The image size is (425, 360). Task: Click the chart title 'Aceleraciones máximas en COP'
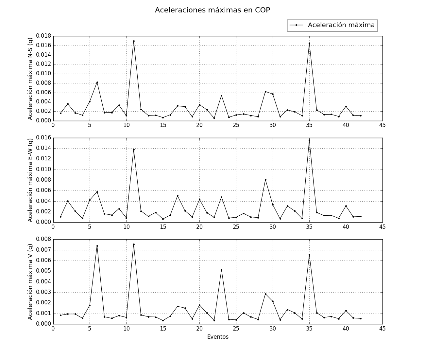click(x=212, y=10)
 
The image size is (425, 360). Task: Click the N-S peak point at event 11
click(x=134, y=41)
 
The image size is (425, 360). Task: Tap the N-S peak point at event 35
click(x=309, y=43)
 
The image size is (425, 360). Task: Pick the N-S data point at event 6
click(x=97, y=82)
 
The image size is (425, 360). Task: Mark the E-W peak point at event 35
click(x=309, y=140)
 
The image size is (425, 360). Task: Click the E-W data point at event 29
click(x=265, y=180)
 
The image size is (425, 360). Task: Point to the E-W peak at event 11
click(x=134, y=150)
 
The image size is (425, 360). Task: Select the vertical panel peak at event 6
click(x=97, y=246)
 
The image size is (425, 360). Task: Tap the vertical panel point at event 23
click(x=221, y=270)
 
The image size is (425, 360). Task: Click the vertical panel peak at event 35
click(x=309, y=255)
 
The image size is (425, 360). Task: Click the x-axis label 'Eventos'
click(x=218, y=337)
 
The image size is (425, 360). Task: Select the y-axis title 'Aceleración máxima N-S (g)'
click(x=30, y=79)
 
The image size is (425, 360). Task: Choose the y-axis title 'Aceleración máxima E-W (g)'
click(x=30, y=180)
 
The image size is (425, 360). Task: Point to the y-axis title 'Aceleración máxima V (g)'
click(x=30, y=282)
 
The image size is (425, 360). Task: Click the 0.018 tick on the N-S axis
click(x=43, y=36)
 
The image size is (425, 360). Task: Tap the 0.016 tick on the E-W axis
click(x=43, y=138)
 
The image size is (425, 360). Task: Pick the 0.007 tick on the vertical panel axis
click(x=43, y=250)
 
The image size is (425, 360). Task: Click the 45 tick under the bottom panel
click(x=382, y=329)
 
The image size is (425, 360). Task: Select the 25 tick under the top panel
click(x=236, y=125)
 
